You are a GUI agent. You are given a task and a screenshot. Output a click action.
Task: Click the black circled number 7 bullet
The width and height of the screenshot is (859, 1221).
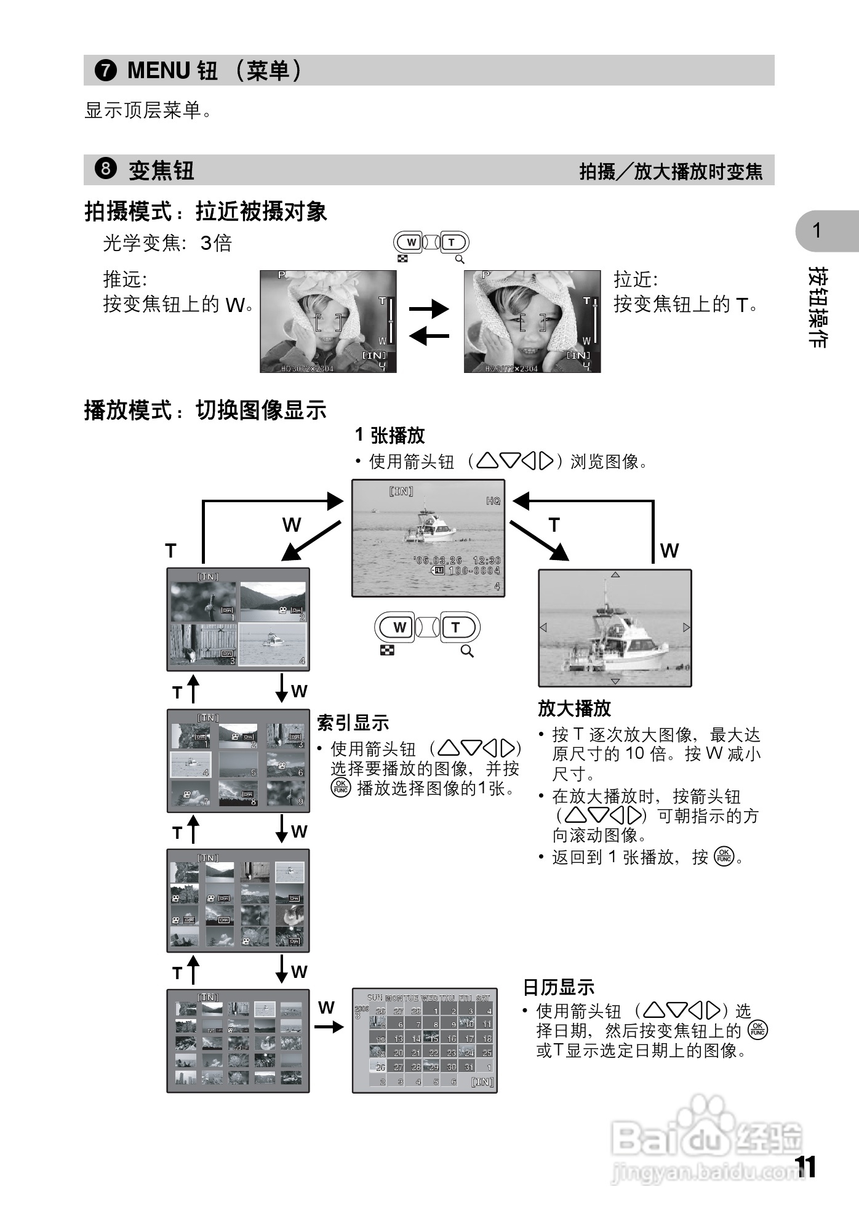coord(106,70)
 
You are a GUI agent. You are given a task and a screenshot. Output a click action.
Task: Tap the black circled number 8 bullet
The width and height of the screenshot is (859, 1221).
coord(106,168)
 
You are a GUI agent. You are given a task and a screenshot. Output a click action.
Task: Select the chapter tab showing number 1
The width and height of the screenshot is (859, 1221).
coord(818,231)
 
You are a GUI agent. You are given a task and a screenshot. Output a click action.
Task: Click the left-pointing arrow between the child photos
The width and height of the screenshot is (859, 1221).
coord(429,336)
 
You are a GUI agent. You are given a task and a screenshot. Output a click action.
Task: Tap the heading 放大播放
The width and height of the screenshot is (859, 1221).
coord(574,708)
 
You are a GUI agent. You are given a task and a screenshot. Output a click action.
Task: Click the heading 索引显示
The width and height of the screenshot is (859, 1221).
coord(353,722)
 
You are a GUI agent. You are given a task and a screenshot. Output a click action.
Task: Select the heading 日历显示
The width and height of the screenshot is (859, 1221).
coord(559,987)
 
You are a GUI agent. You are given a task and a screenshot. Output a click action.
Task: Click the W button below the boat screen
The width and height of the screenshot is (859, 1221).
coord(399,628)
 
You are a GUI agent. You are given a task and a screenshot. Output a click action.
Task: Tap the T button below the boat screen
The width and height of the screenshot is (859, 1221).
coord(455,628)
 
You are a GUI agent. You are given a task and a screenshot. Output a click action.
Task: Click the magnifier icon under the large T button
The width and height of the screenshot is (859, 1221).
coord(467,652)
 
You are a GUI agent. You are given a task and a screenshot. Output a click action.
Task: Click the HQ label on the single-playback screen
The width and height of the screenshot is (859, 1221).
coord(493,501)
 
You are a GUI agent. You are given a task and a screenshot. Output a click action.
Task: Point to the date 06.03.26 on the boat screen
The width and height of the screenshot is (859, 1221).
coord(439,560)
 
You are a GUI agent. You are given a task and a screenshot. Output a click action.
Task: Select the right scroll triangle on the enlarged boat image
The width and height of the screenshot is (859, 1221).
coord(686,628)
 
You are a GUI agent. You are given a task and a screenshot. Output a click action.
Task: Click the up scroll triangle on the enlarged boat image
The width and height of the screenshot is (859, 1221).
coord(615,575)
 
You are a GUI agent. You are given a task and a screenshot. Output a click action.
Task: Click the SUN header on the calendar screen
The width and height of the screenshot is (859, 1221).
coord(375,998)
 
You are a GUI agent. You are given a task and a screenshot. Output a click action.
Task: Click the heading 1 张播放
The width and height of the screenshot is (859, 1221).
coord(390,435)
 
